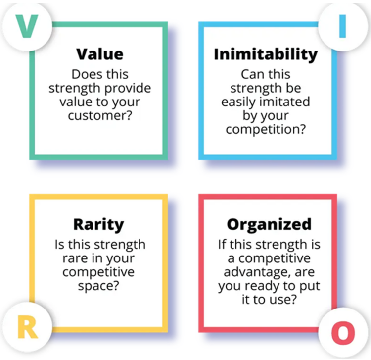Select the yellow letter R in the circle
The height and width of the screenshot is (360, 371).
tap(27, 328)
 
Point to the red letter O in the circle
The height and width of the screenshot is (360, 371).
tap(342, 333)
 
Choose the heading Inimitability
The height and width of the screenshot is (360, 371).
tap(266, 54)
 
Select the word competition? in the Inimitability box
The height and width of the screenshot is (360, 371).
tap(266, 131)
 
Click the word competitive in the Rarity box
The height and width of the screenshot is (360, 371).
tap(98, 273)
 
